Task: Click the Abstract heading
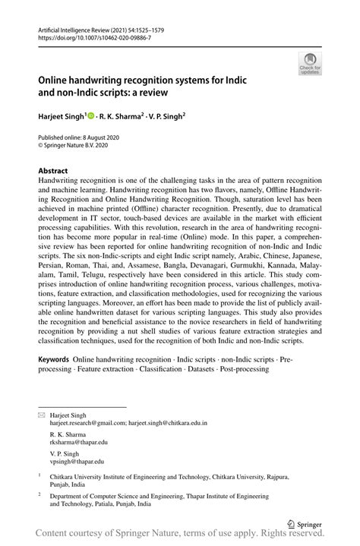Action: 53,171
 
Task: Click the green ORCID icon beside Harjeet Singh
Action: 90,115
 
